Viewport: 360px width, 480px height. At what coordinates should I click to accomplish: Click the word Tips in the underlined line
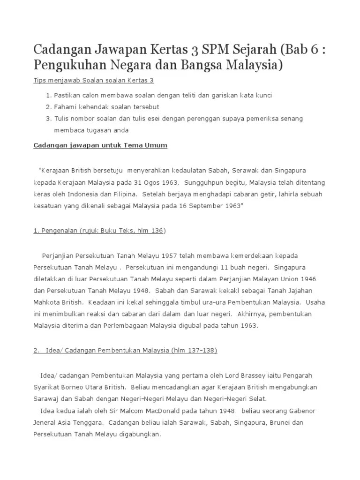[40, 81]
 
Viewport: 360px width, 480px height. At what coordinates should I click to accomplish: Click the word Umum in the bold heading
[157, 145]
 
